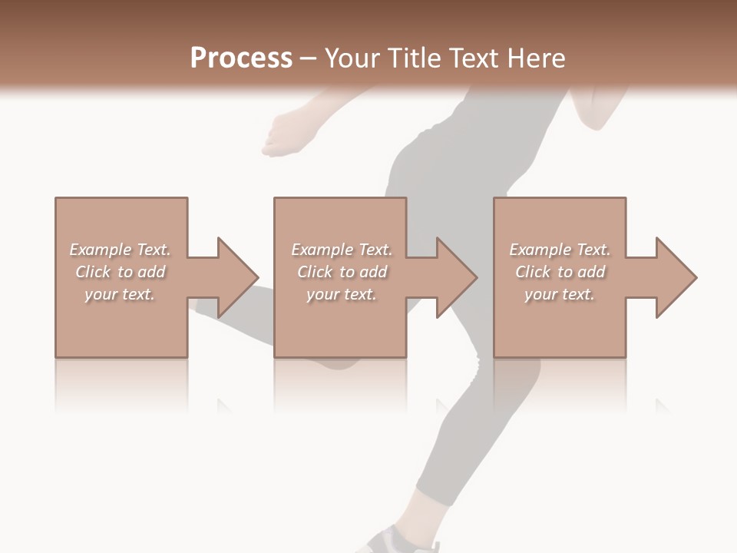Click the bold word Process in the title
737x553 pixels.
coord(241,58)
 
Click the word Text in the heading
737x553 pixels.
coord(474,58)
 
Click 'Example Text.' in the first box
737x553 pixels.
coord(120,250)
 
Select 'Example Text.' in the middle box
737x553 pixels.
coord(341,250)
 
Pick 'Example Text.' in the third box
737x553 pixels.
coord(560,250)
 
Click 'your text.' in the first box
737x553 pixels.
coord(120,294)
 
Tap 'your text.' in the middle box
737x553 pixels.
coord(341,294)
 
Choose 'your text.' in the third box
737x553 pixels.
coord(560,294)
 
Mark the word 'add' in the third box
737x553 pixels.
coord(591,272)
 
